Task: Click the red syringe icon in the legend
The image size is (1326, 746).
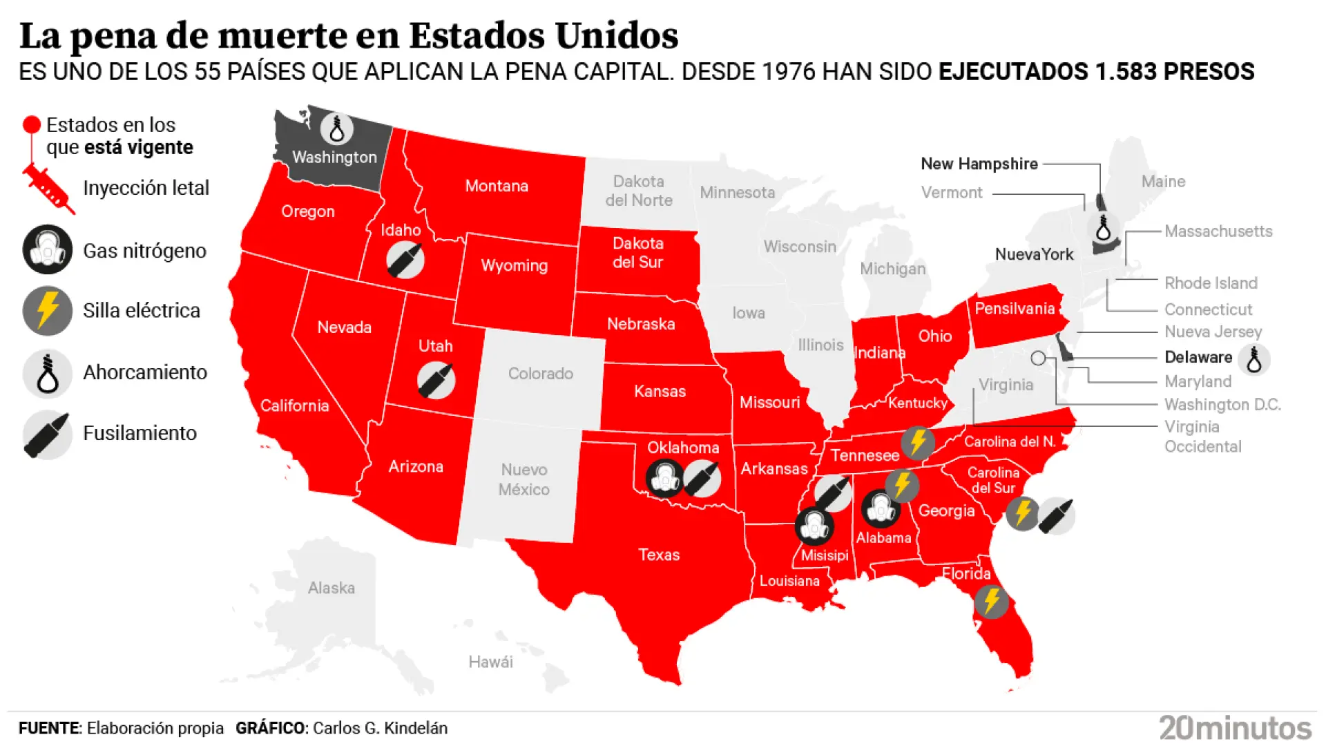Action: click(48, 188)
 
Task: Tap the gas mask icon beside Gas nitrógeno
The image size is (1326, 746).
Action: click(47, 249)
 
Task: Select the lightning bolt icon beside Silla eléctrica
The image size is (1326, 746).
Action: click(47, 311)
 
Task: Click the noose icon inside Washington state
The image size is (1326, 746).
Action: click(337, 128)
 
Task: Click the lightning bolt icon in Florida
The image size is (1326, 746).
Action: click(991, 601)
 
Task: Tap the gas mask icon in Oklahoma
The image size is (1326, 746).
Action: click(664, 478)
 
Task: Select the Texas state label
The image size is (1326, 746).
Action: click(659, 555)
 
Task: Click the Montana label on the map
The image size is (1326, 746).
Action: click(497, 186)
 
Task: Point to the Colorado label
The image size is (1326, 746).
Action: click(541, 374)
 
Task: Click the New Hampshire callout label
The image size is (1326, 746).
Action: click(979, 164)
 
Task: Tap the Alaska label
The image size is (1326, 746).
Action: click(331, 588)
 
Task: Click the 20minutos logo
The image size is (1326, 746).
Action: click(1235, 728)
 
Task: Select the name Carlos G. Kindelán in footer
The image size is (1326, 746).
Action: click(380, 728)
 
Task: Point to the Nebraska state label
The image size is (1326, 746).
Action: click(641, 324)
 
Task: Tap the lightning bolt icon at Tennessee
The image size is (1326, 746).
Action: click(918, 443)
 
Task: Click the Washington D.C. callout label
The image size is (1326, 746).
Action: click(1222, 404)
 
